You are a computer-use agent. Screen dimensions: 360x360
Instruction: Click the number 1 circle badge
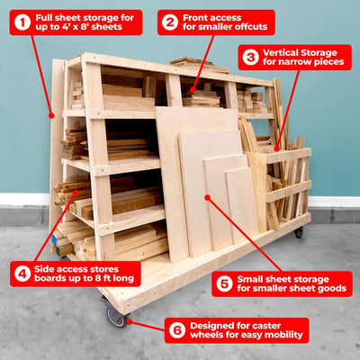pos(22,22)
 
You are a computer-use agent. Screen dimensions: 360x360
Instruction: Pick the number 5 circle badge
pos(224,284)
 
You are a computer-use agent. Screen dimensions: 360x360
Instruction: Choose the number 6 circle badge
pos(176,329)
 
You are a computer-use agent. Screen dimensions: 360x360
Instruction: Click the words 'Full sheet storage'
pos(85,16)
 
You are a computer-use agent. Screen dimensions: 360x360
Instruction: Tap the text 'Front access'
pos(211,16)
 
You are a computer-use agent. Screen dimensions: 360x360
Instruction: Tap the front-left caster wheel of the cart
pos(115,315)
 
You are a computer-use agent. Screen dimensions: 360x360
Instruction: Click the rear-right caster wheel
pos(298,232)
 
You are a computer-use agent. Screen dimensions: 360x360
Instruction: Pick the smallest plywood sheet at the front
pos(241,205)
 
